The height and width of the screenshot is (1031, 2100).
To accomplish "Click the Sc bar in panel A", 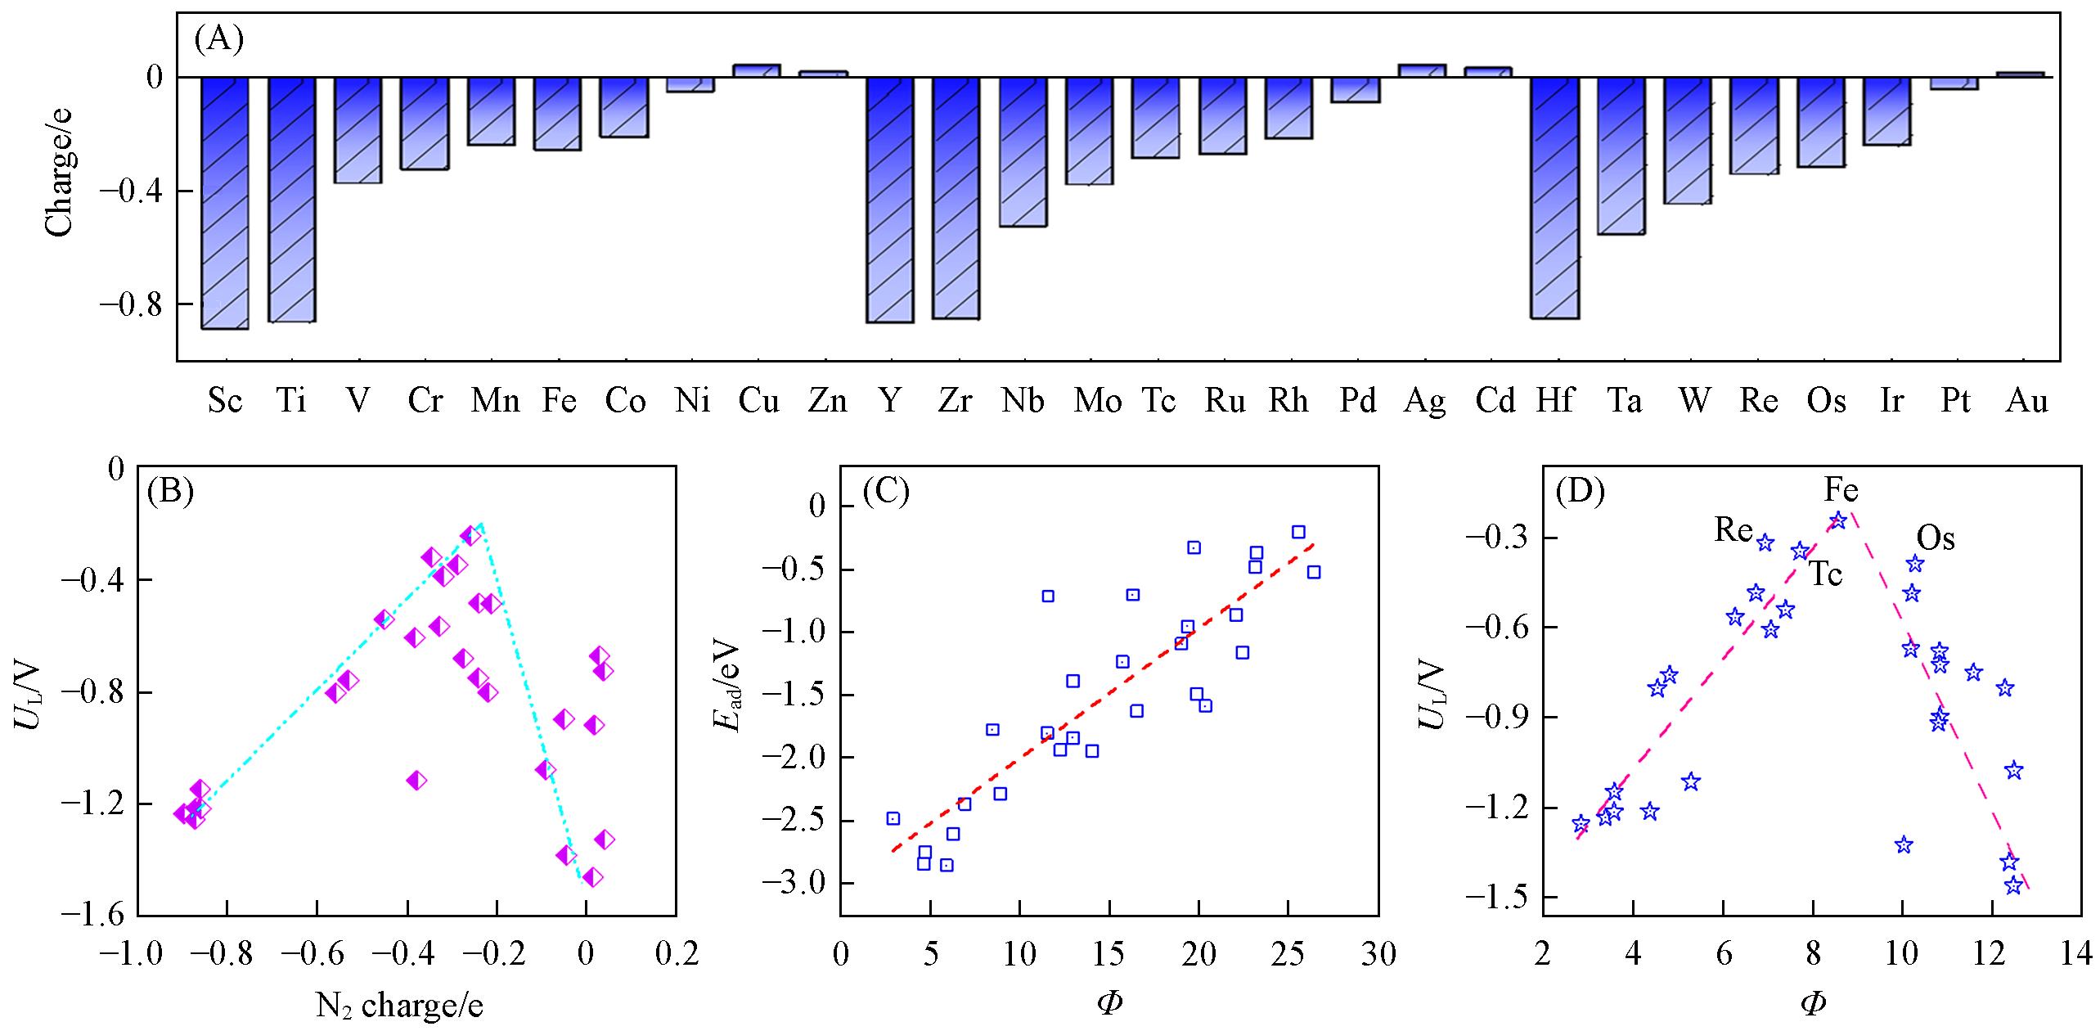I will (x=225, y=202).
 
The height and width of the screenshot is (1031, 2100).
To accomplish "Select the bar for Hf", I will (x=1555, y=196).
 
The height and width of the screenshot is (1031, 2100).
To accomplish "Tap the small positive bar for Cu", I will (x=757, y=70).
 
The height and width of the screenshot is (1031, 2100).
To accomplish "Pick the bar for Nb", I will (x=1023, y=151).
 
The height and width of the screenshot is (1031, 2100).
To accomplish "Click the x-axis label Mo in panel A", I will (x=1097, y=401).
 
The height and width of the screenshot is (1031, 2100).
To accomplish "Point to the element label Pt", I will (x=1956, y=401).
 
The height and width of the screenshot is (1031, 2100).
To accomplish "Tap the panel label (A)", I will (x=219, y=40).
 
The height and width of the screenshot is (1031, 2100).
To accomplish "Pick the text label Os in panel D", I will (x=1936, y=538).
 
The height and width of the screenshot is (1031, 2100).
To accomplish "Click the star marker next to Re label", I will (x=1765, y=543).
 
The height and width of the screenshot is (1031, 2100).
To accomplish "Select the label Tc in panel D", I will (x=1824, y=574).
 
